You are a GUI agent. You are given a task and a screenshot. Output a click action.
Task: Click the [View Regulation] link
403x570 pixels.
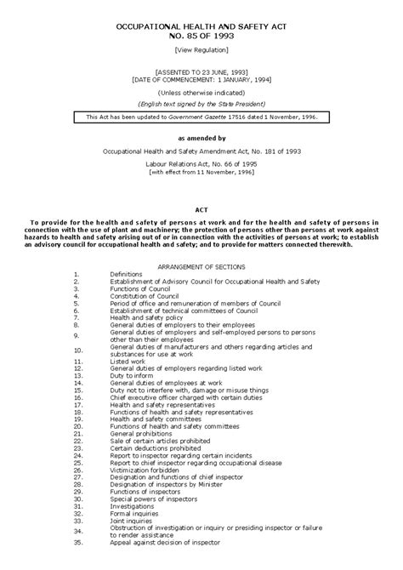point(201,51)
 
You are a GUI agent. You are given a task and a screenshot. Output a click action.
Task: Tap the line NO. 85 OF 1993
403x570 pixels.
point(201,37)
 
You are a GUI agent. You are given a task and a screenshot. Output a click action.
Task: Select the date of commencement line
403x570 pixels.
point(201,81)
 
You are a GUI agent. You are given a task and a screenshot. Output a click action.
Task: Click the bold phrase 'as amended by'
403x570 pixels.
point(201,136)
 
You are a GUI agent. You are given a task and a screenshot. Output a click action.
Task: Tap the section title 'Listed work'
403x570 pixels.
point(128,361)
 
